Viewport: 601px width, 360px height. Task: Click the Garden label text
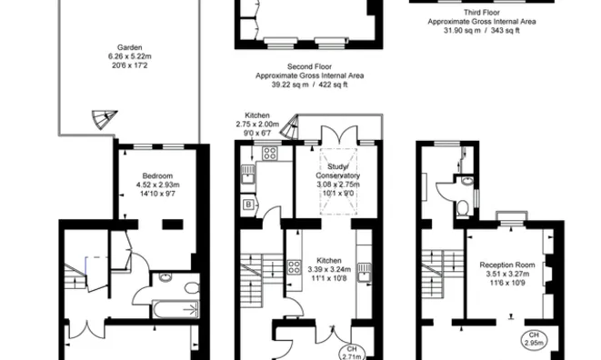(x=129, y=47)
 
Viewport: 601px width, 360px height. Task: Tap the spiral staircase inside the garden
(x=104, y=119)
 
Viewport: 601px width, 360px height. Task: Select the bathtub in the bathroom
(x=175, y=309)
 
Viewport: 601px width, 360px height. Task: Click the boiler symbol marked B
(x=248, y=205)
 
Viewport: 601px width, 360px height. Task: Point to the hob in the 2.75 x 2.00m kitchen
(x=269, y=154)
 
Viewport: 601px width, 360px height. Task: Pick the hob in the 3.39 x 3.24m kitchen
(x=294, y=267)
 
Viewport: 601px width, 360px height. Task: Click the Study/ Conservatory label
(x=337, y=171)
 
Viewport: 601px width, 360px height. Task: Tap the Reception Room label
(x=507, y=265)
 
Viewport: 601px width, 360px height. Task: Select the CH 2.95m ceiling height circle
(x=534, y=340)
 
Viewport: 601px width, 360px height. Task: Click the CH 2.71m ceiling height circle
(x=352, y=353)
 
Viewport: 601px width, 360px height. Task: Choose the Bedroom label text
(x=157, y=176)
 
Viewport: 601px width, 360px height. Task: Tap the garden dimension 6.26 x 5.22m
(x=129, y=56)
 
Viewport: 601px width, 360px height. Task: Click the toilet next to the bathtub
(x=192, y=288)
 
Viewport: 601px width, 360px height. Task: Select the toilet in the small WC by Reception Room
(x=463, y=208)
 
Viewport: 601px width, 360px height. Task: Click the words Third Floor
(x=482, y=13)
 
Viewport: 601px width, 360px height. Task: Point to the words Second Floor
(x=310, y=66)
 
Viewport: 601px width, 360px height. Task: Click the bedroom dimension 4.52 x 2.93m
(x=157, y=185)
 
